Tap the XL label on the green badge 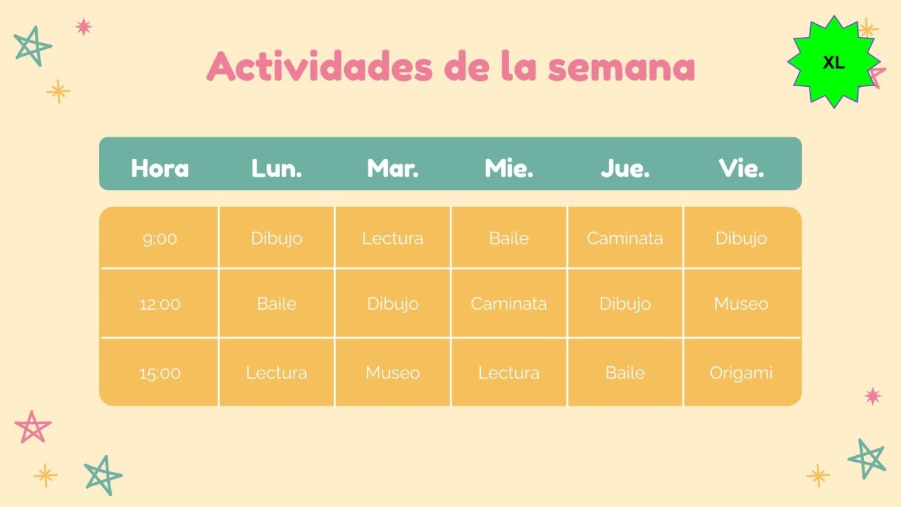pyautogui.click(x=834, y=63)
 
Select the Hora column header pyautogui.click(x=160, y=168)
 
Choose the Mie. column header pyautogui.click(x=509, y=168)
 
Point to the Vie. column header pyautogui.click(x=741, y=168)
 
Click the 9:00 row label pyautogui.click(x=160, y=238)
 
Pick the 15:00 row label pyautogui.click(x=160, y=373)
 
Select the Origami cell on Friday pyautogui.click(x=741, y=373)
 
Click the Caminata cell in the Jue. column pyautogui.click(x=625, y=238)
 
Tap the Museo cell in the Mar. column pyautogui.click(x=393, y=373)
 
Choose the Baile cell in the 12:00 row pyautogui.click(x=277, y=304)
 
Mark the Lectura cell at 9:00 pyautogui.click(x=393, y=238)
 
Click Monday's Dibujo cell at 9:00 pyautogui.click(x=277, y=238)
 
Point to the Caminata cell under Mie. pyautogui.click(x=509, y=304)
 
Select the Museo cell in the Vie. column pyautogui.click(x=741, y=304)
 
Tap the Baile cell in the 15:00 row pyautogui.click(x=625, y=373)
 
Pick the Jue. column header pyautogui.click(x=625, y=168)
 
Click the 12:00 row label pyautogui.click(x=160, y=304)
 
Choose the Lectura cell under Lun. pyautogui.click(x=277, y=373)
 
